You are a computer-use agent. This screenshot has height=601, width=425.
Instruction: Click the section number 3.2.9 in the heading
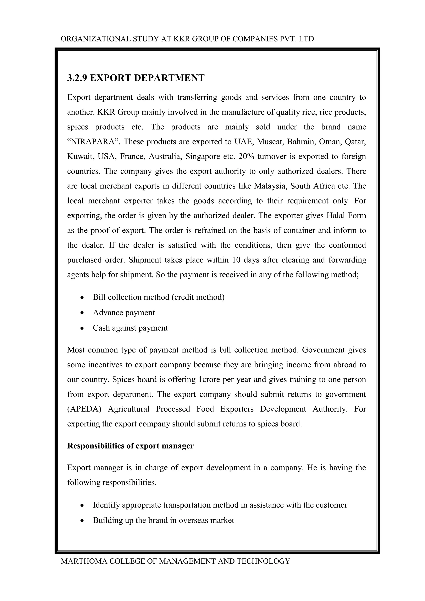coord(77,78)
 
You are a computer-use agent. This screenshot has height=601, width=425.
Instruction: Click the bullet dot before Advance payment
coord(82,313)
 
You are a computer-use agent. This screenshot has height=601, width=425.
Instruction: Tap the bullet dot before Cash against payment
coord(82,328)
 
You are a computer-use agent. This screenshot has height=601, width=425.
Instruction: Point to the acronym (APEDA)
coord(84,409)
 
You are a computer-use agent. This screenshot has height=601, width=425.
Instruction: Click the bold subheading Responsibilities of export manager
coord(130,446)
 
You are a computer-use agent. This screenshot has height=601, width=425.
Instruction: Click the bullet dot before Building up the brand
coord(82,521)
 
